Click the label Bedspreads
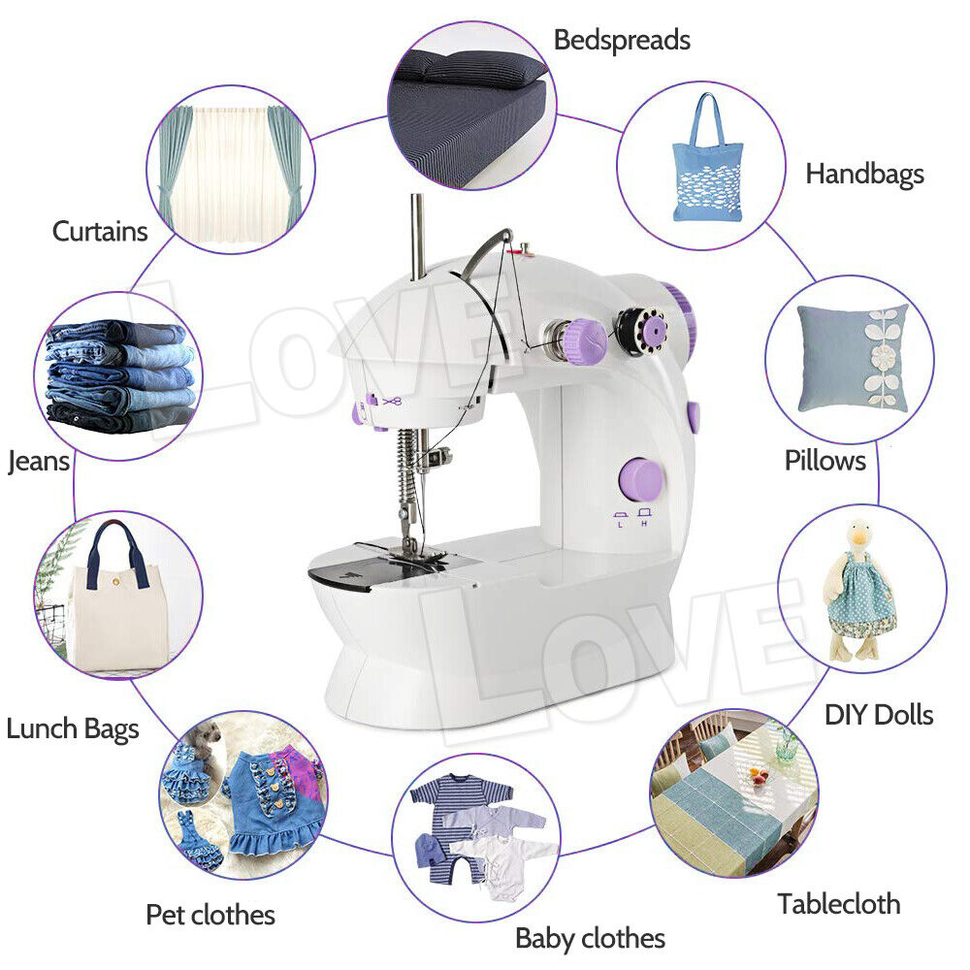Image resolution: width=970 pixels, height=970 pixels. [x=622, y=40]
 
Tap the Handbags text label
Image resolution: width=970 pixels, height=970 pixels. [x=864, y=174]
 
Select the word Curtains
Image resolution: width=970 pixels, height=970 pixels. [x=100, y=231]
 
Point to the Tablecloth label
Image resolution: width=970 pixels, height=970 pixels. [x=838, y=904]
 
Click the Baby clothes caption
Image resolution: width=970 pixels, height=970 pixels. [x=590, y=938]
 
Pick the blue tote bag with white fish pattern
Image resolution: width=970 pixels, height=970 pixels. [x=707, y=160]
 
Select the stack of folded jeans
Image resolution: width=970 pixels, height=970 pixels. [x=120, y=375]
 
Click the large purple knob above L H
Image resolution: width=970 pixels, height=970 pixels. [x=641, y=480]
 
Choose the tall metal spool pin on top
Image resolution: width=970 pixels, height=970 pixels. [x=417, y=236]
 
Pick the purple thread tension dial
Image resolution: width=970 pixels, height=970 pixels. [x=585, y=339]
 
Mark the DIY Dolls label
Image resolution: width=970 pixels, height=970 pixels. [x=878, y=715]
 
